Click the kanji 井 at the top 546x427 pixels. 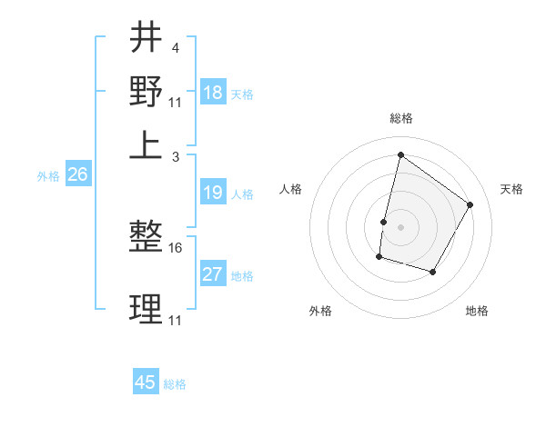click(x=146, y=38)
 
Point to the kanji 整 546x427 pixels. click(x=146, y=238)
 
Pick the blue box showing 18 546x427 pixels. click(x=213, y=92)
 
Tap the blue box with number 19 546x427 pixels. click(x=213, y=193)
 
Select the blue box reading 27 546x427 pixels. click(x=213, y=274)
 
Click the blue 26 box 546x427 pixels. click(x=77, y=175)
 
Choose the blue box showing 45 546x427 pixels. click(x=146, y=382)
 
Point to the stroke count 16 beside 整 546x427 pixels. click(x=176, y=247)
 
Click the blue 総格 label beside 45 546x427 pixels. click(x=175, y=384)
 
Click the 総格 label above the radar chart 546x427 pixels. click(x=400, y=119)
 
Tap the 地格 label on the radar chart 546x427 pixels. click(x=477, y=312)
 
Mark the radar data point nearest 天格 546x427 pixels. click(x=470, y=204)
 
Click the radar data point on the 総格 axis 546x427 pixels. click(x=400, y=154)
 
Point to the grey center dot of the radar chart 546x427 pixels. click(x=400, y=226)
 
